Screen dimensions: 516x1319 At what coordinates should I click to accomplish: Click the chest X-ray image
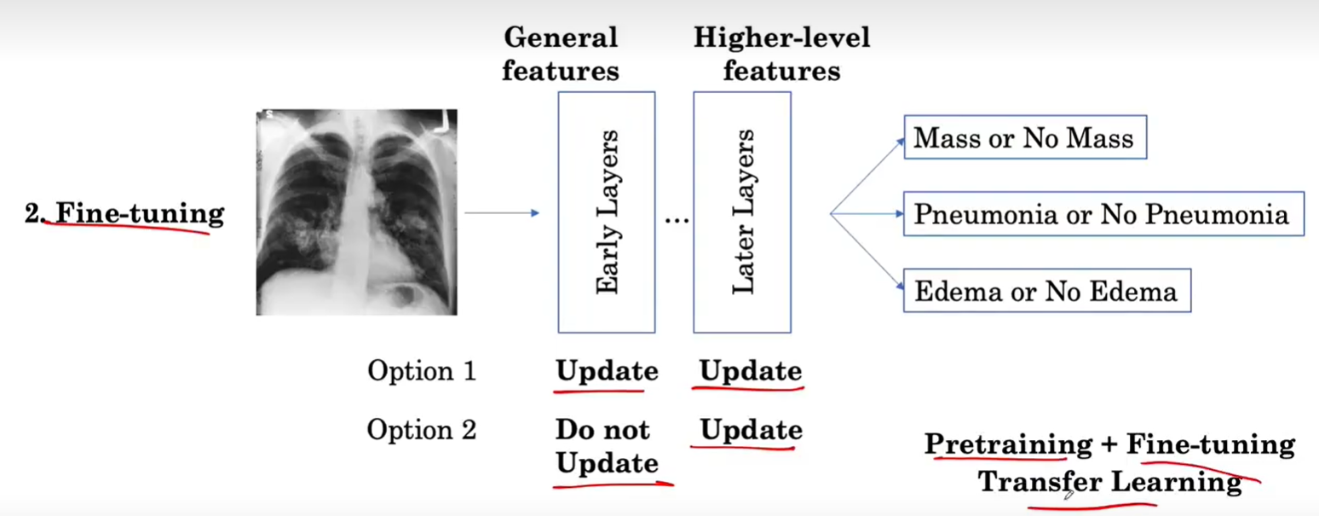pos(356,212)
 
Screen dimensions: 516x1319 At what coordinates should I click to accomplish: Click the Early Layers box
pos(607,212)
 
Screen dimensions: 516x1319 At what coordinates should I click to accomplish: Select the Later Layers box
pos(741,212)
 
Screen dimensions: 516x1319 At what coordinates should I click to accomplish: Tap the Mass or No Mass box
pos(1024,138)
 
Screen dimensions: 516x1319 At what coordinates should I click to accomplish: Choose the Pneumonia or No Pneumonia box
pos(1103,214)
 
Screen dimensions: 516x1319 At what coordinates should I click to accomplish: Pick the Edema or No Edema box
pos(1046,291)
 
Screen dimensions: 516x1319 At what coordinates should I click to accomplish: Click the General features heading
pos(560,53)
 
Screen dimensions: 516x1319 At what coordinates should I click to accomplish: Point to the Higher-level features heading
pos(781,53)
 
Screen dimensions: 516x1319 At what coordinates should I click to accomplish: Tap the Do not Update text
pos(607,446)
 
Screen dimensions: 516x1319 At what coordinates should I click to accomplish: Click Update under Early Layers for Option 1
pos(607,371)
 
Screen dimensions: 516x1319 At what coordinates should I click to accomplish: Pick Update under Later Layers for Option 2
pos(751,430)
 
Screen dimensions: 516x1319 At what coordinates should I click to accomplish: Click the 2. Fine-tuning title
pos(124,212)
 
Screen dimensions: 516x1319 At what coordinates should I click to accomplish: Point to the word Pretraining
pos(1008,444)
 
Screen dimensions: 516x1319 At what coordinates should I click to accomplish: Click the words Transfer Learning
pos(1109,482)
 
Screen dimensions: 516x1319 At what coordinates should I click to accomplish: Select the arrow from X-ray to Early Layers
pos(503,212)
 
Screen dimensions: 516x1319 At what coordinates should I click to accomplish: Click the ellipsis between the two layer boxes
pos(677,220)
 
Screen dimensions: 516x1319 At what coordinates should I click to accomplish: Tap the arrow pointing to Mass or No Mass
pos(867,175)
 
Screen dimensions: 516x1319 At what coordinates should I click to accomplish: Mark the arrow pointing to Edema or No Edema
pos(867,252)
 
